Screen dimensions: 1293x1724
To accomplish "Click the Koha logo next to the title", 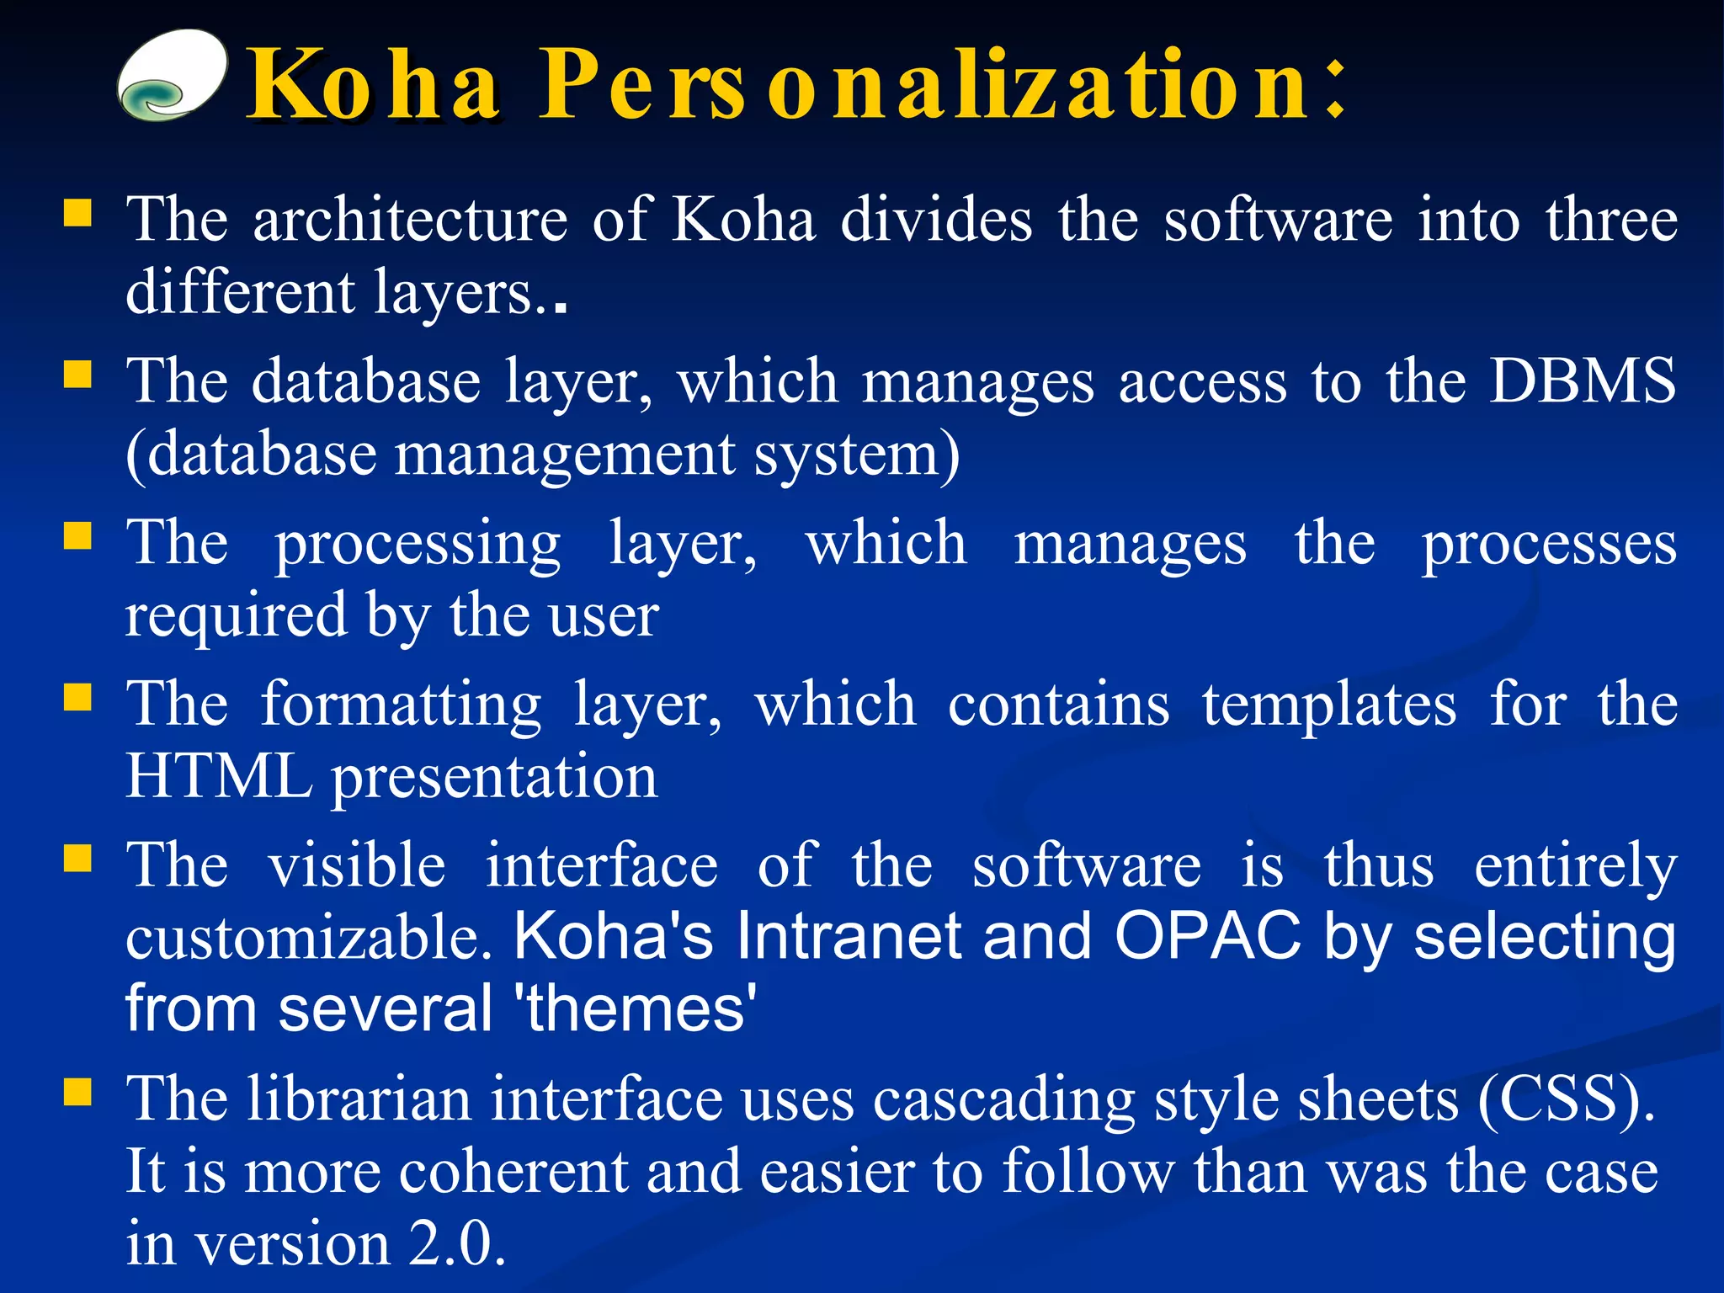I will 172,76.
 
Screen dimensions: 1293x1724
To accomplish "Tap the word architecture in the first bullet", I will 410,219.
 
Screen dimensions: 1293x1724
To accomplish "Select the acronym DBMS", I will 1583,380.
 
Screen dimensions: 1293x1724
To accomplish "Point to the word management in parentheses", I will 565,455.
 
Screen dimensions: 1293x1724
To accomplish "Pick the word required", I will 235,616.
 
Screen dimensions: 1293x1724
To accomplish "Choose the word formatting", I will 401,705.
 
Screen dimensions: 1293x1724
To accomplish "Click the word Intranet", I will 849,936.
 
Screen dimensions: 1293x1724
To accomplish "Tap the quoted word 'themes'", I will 640,1008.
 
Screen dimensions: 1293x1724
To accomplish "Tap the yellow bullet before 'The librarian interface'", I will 77,1092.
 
